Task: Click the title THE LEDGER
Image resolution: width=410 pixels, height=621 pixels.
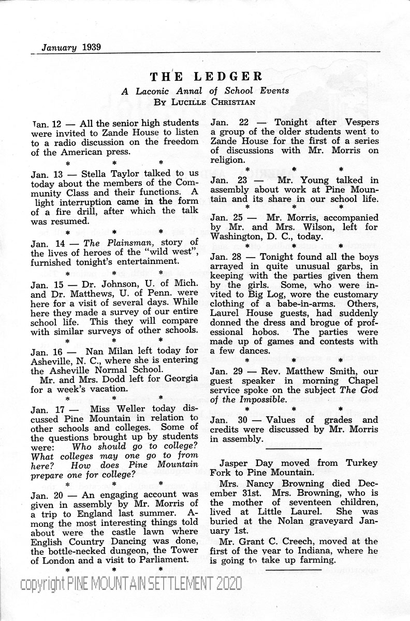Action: (206, 77)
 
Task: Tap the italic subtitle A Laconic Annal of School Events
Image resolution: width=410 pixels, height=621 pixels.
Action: (205, 90)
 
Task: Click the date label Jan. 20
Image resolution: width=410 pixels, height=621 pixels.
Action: (46, 494)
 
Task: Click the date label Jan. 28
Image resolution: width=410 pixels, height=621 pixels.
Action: (226, 257)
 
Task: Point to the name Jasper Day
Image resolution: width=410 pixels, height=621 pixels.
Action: (243, 463)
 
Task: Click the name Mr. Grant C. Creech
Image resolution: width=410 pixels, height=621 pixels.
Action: (268, 541)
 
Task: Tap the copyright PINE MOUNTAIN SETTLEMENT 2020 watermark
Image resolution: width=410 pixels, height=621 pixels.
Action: (130, 584)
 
